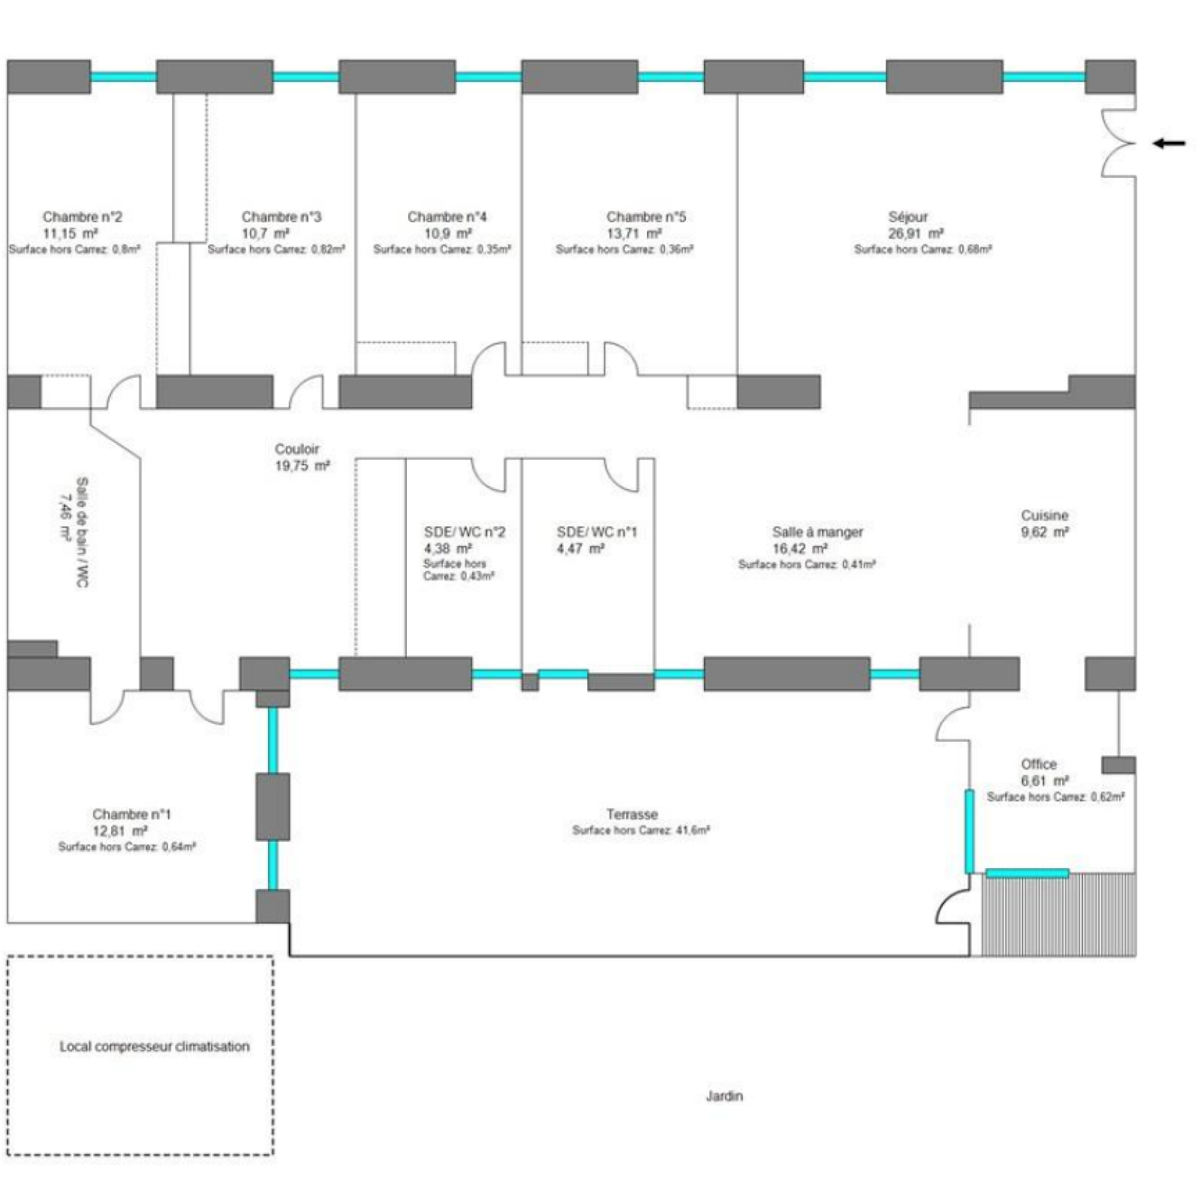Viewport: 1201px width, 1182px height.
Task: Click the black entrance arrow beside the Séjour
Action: pyautogui.click(x=1169, y=143)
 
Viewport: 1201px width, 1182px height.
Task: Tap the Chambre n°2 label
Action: pyautogui.click(x=82, y=217)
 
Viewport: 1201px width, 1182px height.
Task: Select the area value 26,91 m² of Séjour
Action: pyautogui.click(x=916, y=234)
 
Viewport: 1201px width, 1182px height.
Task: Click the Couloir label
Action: pyautogui.click(x=296, y=449)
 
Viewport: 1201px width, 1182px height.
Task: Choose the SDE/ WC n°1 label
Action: pyautogui.click(x=596, y=532)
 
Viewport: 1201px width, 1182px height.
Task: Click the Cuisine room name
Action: pyautogui.click(x=1044, y=515)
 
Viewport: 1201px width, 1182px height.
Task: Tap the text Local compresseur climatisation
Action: pyautogui.click(x=155, y=1046)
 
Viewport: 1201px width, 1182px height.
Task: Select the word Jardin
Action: pyautogui.click(x=724, y=1096)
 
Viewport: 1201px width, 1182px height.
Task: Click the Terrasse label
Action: pyautogui.click(x=632, y=814)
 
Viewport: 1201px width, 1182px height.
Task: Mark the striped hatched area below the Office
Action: pyautogui.click(x=1058, y=916)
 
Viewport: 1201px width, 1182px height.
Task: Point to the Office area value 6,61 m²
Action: pyautogui.click(x=1044, y=780)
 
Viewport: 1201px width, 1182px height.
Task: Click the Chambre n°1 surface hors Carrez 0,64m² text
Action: pyautogui.click(x=127, y=846)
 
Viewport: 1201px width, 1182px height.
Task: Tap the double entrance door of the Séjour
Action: pyautogui.click(x=1118, y=143)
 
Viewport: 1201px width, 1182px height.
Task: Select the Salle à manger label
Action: pyautogui.click(x=817, y=532)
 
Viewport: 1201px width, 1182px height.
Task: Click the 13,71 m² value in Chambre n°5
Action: pyautogui.click(x=634, y=234)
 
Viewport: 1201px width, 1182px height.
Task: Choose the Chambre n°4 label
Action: pyautogui.click(x=447, y=217)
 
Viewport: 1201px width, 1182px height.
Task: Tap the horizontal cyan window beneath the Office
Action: pyautogui.click(x=1027, y=873)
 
